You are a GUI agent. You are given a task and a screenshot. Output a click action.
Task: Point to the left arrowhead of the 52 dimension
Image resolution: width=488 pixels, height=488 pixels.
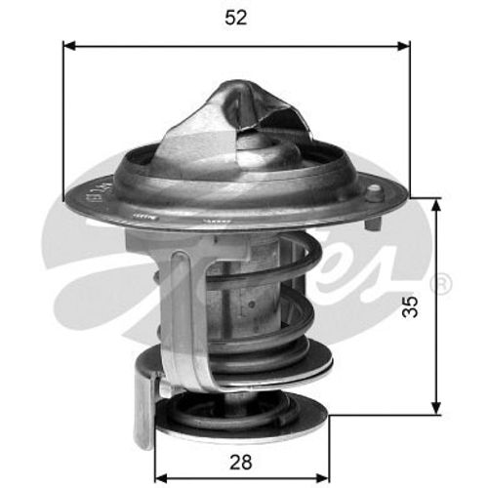point(68,44)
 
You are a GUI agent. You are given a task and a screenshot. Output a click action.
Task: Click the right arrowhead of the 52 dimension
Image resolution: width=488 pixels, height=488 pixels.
point(404,44)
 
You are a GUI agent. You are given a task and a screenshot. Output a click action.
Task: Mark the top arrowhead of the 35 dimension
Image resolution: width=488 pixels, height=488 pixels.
point(434,202)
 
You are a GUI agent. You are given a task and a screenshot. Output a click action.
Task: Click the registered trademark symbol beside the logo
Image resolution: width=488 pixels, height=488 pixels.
point(440,284)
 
